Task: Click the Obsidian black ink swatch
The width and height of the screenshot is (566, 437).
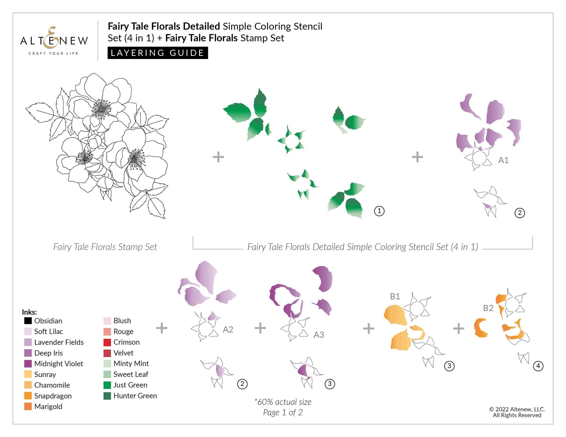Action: click(28, 321)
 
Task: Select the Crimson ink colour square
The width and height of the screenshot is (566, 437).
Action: click(107, 342)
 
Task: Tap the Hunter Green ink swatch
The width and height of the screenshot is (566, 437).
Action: click(107, 396)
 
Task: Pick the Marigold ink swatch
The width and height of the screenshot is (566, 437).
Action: click(28, 406)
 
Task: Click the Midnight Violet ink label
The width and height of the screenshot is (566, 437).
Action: click(59, 364)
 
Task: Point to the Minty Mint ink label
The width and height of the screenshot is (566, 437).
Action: click(131, 364)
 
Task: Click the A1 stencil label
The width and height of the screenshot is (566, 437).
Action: click(503, 160)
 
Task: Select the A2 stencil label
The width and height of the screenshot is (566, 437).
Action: click(228, 329)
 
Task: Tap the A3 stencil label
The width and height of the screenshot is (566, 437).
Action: click(319, 335)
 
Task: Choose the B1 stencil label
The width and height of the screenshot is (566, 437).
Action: click(395, 296)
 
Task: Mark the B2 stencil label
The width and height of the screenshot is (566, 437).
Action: click(488, 308)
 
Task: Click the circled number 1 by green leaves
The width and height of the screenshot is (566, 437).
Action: click(379, 211)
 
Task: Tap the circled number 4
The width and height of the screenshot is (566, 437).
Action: click(538, 366)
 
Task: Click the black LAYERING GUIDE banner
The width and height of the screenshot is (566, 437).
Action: click(158, 53)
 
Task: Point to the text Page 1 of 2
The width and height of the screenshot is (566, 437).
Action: click(283, 413)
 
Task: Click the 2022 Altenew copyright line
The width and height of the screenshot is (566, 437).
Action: click(517, 409)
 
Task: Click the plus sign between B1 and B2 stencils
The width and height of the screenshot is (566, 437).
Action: click(458, 328)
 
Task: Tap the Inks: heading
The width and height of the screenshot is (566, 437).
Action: click(29, 312)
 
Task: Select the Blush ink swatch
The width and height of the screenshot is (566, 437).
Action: click(107, 321)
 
